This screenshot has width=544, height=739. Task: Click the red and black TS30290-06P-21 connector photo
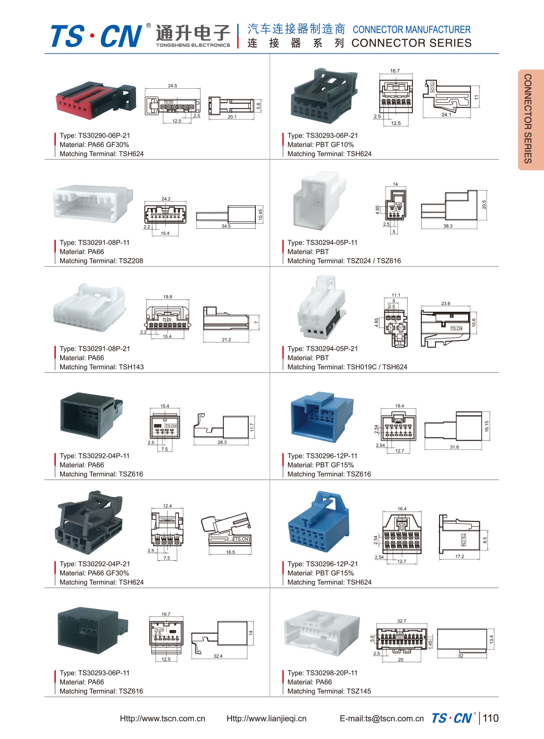point(96,100)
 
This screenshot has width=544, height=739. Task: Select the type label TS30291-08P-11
point(95,242)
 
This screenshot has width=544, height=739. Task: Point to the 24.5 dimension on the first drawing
point(172,86)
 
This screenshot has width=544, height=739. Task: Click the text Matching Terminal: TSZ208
point(101,261)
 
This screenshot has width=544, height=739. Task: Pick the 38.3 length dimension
point(447,226)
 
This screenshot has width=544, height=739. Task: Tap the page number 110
point(490,718)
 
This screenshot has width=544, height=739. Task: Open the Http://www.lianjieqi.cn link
point(266,719)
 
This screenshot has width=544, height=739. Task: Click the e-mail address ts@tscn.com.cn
point(382,719)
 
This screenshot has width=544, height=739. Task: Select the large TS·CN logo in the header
point(97,36)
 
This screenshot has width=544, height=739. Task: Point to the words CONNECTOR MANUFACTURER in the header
point(412,30)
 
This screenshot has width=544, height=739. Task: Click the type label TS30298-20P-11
point(322,673)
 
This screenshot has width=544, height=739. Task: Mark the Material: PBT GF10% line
point(320,145)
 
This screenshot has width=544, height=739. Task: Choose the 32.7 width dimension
point(401,621)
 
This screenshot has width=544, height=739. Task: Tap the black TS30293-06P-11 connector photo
point(93,631)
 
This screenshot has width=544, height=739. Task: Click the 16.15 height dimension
point(487,426)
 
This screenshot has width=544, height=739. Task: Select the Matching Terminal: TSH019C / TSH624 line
point(347,367)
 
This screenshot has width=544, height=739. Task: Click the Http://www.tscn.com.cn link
point(162,719)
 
